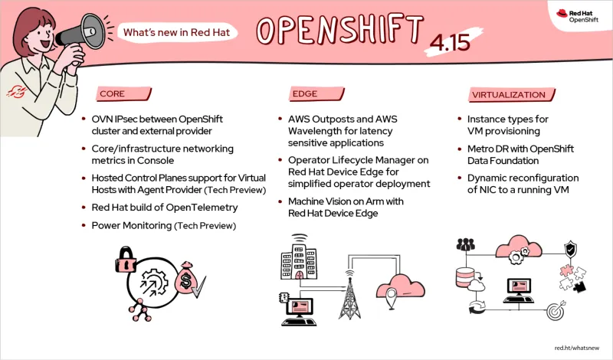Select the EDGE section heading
point(304,94)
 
